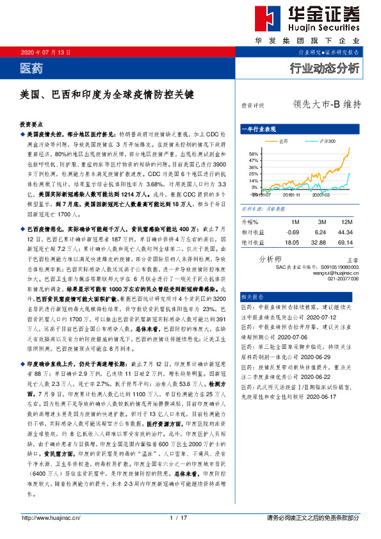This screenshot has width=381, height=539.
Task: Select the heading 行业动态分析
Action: pos(325,68)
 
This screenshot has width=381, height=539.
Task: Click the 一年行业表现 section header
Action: pos(261,129)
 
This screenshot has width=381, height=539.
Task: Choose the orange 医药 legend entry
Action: pos(282,140)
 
